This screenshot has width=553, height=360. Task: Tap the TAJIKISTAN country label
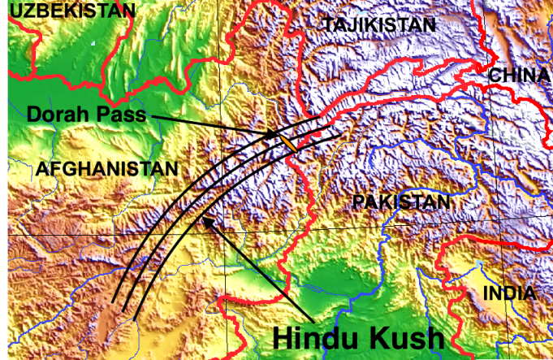click(x=379, y=25)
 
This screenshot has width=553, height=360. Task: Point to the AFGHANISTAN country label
click(x=106, y=169)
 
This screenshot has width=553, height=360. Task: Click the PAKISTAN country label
click(x=401, y=202)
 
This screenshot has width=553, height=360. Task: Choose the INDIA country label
click(x=509, y=293)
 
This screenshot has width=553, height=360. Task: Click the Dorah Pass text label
click(x=86, y=115)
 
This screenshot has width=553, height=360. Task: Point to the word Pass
click(x=119, y=115)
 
